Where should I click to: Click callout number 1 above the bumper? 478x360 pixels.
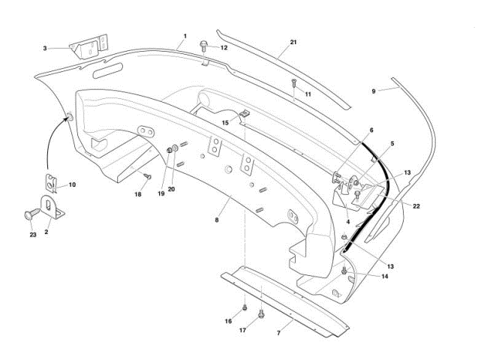185,35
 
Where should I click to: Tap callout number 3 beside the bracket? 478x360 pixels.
44,47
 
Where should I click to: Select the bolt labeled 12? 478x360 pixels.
205,46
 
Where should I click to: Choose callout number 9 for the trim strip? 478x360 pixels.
373,90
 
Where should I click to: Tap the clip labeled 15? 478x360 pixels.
242,115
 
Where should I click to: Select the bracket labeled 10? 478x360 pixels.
52,182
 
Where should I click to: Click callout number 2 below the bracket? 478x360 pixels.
47,232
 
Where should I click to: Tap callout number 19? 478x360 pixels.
161,193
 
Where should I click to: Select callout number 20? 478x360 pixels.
171,189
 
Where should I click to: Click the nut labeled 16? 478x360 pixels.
245,307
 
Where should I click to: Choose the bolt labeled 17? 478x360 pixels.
261,313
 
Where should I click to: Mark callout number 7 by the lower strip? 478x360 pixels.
279,332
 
